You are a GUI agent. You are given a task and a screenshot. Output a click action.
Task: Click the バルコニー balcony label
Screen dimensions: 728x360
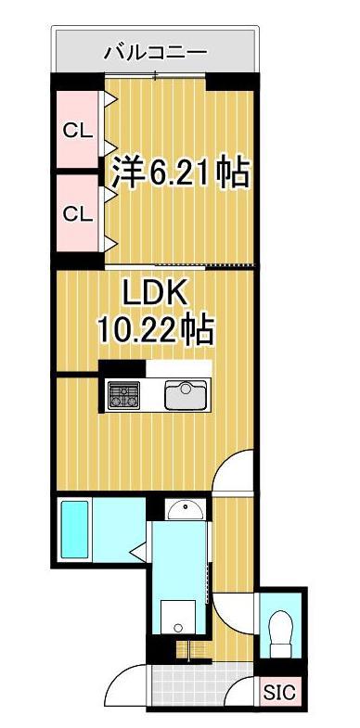[155, 53]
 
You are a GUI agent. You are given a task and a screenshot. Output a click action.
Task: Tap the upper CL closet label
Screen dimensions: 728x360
[77, 131]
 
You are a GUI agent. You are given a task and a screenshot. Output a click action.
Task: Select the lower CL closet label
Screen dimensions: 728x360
[77, 212]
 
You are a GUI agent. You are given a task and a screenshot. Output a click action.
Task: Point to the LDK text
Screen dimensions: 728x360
[157, 295]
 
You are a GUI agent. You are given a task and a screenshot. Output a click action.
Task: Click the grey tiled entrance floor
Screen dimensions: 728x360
[190, 684]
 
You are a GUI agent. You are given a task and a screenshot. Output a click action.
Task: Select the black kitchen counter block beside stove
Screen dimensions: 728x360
[119, 367]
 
